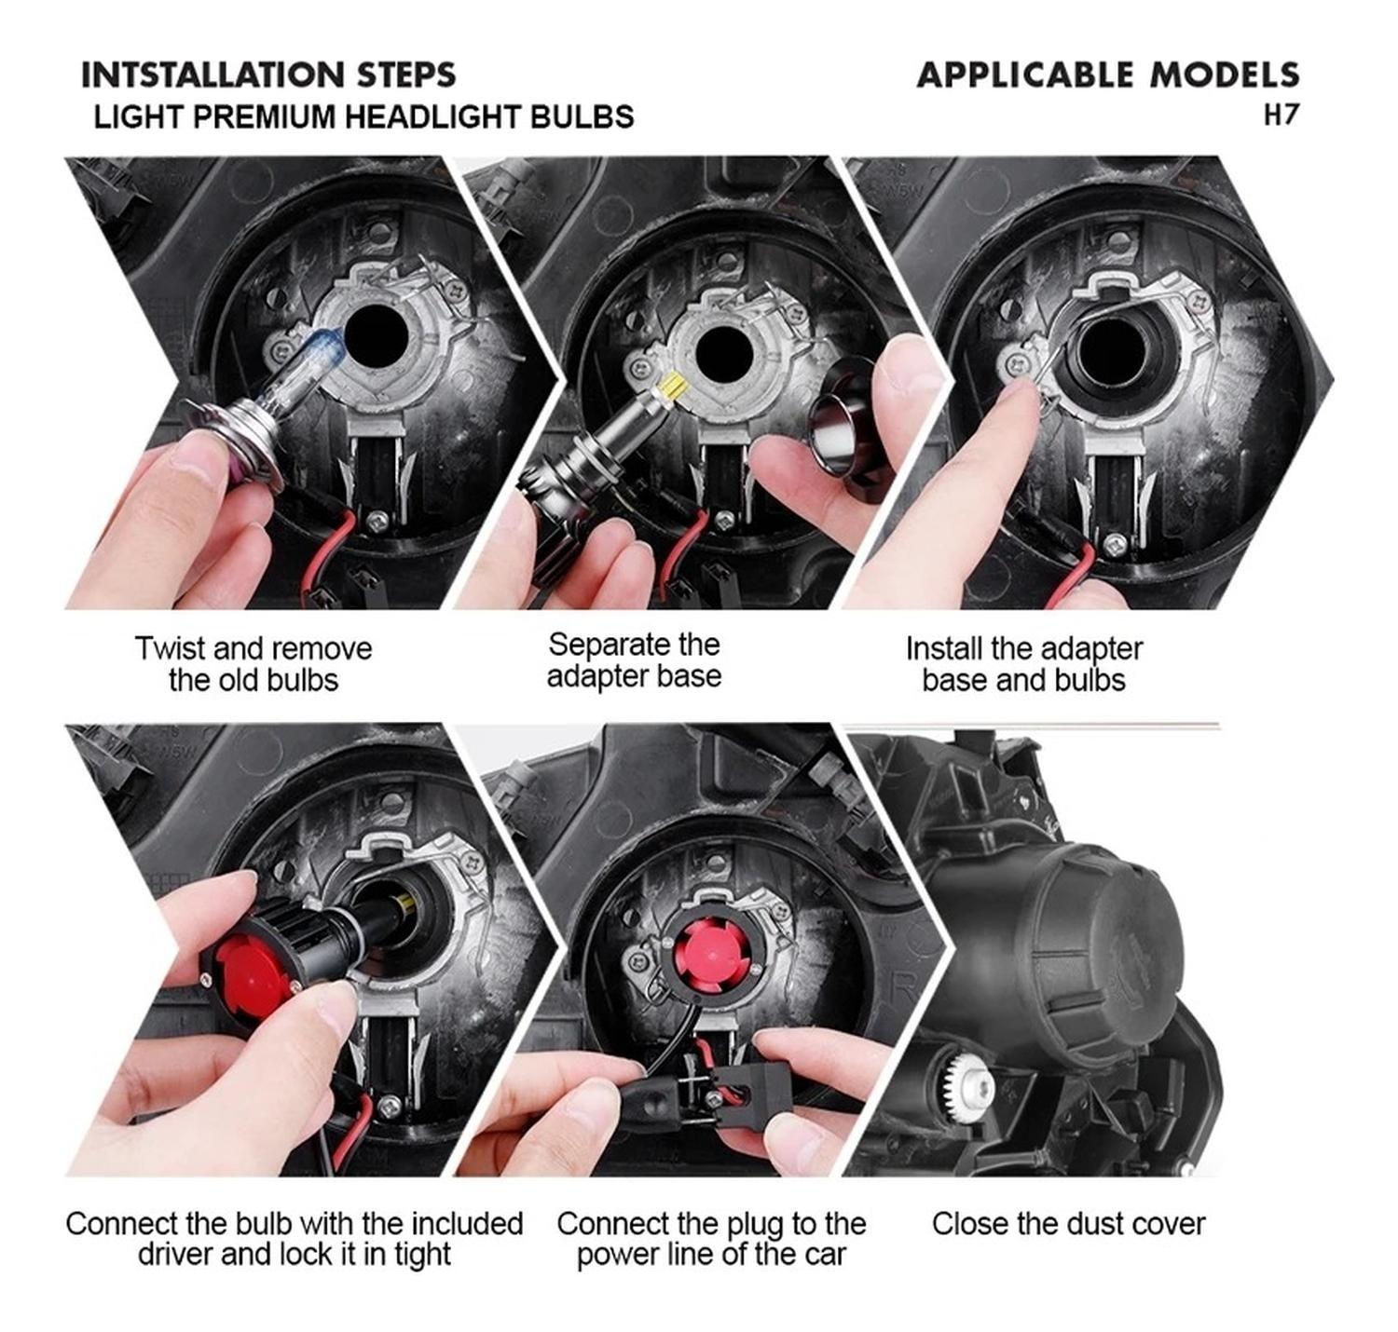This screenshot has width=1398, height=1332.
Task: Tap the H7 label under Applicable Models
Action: coord(1280,116)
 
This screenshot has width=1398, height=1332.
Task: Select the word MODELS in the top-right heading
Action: coord(1225,75)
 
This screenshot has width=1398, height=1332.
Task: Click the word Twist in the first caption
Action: coord(170,649)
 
